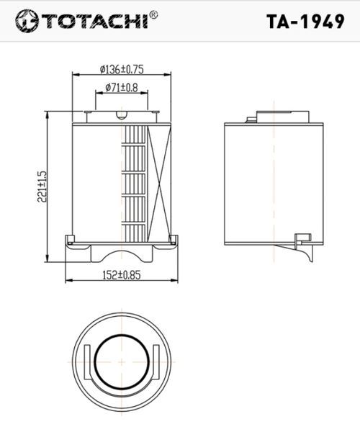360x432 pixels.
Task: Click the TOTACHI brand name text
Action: [94, 21]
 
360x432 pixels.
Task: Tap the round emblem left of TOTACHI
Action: [27, 21]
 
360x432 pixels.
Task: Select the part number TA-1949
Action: [305, 21]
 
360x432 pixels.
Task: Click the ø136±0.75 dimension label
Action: [122, 69]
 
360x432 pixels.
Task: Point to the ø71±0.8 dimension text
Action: [122, 88]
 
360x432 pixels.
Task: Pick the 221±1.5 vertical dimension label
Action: [42, 186]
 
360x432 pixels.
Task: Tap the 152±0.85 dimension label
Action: [122, 275]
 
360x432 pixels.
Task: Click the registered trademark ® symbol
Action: [153, 14]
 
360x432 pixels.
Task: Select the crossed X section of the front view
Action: [160, 184]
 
